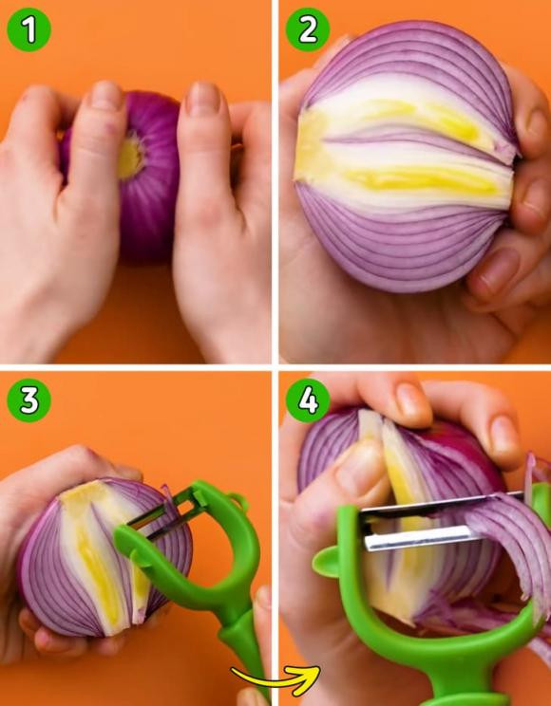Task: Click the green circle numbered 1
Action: coord(28,29)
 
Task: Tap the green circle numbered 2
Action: coord(308,29)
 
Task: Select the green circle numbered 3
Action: coord(28,400)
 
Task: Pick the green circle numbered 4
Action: coord(308,400)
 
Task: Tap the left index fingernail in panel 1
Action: coord(106,96)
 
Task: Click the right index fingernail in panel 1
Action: coord(203,98)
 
